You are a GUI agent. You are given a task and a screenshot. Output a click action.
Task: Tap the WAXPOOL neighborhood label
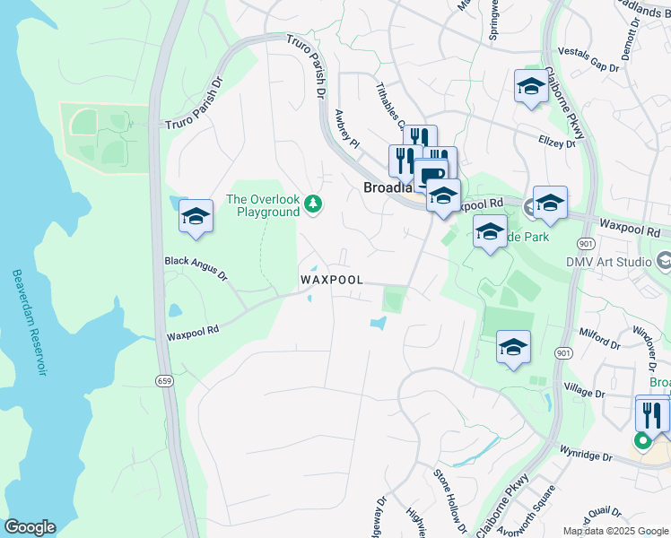[332, 280]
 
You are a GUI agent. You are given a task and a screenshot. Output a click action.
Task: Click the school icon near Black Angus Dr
[196, 216]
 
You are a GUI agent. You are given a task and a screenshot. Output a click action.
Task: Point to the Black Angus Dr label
[196, 262]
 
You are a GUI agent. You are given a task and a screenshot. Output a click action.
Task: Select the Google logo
[30, 527]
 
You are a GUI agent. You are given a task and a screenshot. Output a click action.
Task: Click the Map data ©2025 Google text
[614, 531]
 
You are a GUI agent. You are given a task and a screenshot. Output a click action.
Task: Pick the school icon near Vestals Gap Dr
[531, 87]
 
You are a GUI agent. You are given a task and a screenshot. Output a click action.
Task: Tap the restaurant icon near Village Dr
[652, 413]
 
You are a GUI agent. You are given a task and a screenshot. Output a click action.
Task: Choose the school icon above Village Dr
[512, 347]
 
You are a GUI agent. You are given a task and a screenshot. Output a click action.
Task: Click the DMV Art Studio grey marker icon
[665, 262]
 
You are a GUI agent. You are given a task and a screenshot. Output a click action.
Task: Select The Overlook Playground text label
[262, 205]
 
